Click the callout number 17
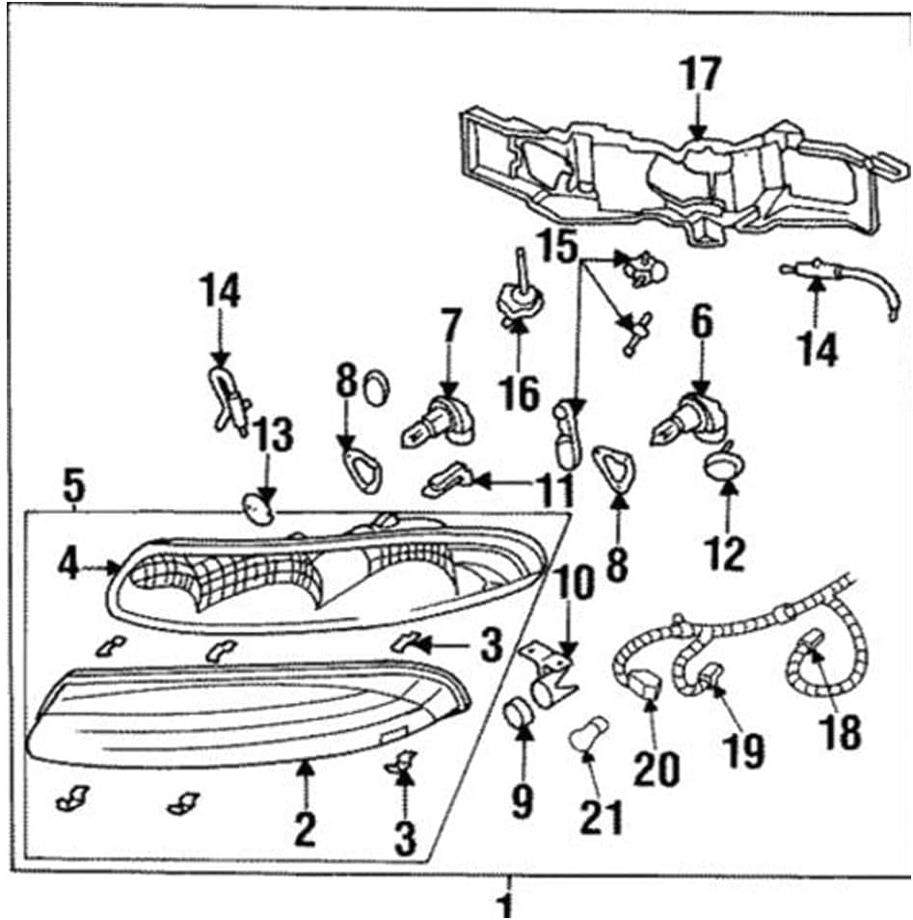(699, 74)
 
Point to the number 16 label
(519, 393)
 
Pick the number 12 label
(726, 553)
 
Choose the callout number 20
(657, 770)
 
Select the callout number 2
(305, 829)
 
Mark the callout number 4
(68, 564)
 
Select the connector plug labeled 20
(646, 684)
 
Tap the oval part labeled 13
(258, 509)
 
